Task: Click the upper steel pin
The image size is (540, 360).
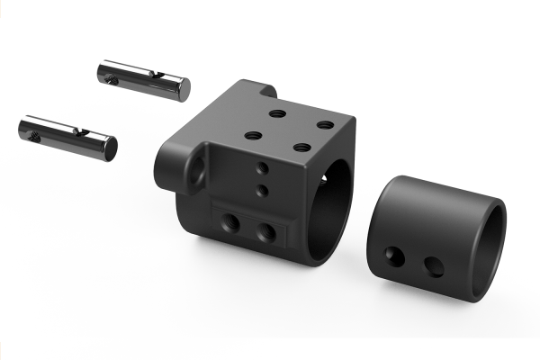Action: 144,79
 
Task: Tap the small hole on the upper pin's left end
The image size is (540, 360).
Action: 110,78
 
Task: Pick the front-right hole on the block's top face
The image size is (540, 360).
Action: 301,147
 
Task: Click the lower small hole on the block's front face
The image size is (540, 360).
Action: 261,189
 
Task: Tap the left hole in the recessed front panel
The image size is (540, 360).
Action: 232,222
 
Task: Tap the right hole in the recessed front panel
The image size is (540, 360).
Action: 265,232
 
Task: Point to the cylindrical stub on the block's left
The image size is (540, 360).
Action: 167,163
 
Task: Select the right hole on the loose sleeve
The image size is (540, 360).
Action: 434,266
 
